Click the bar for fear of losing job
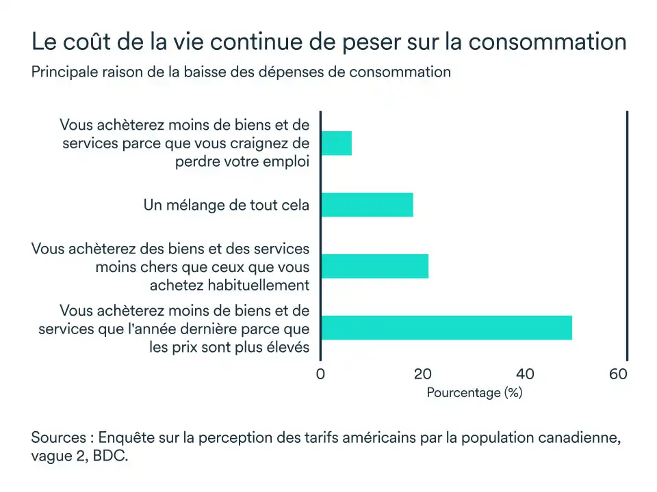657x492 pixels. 336,143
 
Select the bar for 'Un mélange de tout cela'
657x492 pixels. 367,205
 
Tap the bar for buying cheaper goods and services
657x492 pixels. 374,266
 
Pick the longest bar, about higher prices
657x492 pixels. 446,328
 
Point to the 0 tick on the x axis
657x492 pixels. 320,374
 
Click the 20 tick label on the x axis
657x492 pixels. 423,374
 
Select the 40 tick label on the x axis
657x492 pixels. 525,374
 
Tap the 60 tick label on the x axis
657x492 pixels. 618,374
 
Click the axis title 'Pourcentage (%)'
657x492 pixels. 474,393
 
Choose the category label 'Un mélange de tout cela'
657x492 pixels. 227,205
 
